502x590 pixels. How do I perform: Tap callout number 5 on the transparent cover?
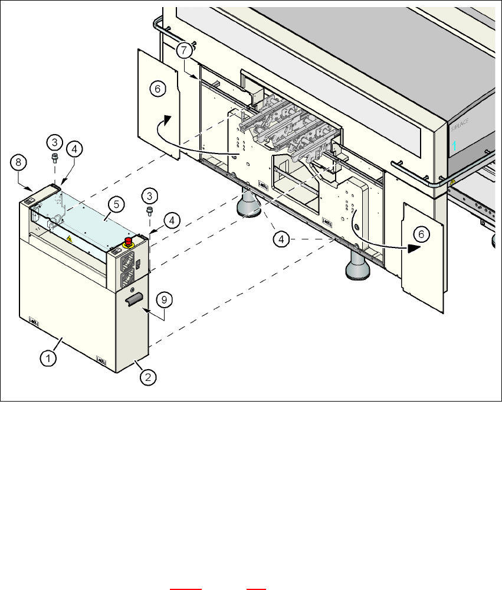click(116, 204)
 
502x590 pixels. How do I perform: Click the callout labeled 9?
click(166, 300)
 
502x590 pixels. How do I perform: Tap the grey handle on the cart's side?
click(133, 299)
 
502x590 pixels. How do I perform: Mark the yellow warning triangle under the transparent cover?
click(70, 239)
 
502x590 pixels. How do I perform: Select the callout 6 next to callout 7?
click(157, 89)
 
